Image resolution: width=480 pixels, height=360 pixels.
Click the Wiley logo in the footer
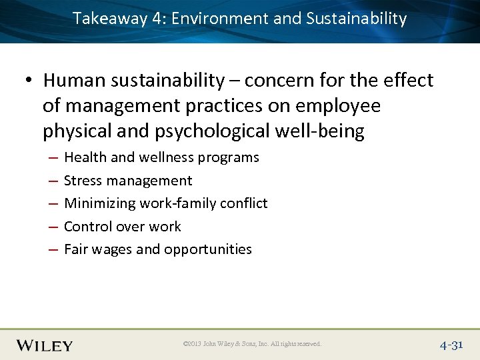tap(45, 345)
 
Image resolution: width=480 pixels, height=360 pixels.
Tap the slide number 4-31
tap(451, 345)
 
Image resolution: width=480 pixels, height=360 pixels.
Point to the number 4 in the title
tap(157, 19)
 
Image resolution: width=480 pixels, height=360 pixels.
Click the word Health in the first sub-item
tap(84, 157)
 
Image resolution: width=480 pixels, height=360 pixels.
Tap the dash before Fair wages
tap(51, 249)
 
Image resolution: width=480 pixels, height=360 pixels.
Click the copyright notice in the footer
tap(251, 344)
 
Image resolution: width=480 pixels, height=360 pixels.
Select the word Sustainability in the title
tap(356, 19)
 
